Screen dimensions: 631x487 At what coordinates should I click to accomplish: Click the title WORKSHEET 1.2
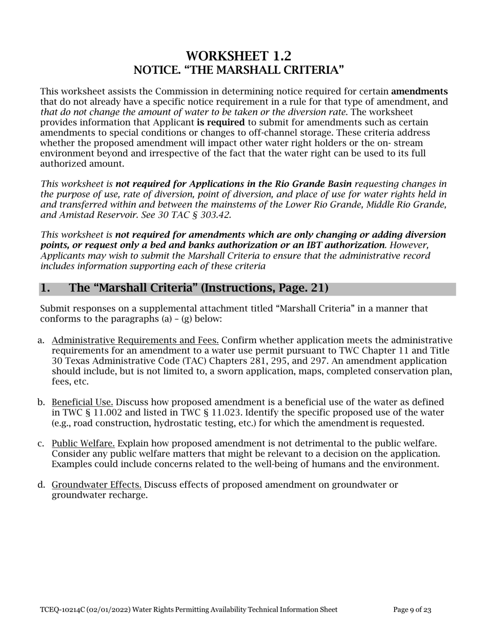[x=238, y=56]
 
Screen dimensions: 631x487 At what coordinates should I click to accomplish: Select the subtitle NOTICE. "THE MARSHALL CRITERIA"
[x=238, y=69]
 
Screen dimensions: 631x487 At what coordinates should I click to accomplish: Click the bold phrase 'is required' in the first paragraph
[x=220, y=123]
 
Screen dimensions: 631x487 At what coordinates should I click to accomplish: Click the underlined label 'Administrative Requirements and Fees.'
[x=135, y=340]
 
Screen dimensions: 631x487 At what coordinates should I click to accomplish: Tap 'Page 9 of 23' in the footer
[x=412, y=610]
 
